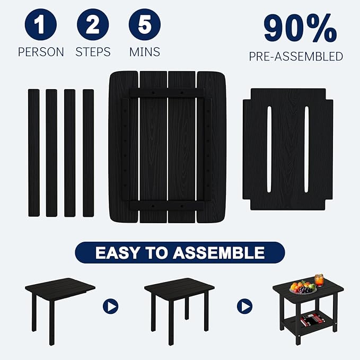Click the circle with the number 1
pos(40,25)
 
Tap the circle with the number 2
pos(93,25)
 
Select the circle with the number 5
pos(145,25)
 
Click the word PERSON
pos(41,52)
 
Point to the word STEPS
pos(93,52)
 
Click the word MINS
pos(145,52)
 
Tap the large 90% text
pos(300,29)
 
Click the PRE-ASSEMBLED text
pos(296,57)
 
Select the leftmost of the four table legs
pos(34,153)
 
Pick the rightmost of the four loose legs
pos(88,153)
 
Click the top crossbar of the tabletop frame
pos(167,92)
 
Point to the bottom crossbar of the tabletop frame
pos(167,205)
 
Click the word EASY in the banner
pos(120,253)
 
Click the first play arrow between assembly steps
pos(110,306)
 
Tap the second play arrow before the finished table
pos(244,306)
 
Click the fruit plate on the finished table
pos(303,288)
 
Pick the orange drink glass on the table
pos(319,280)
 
